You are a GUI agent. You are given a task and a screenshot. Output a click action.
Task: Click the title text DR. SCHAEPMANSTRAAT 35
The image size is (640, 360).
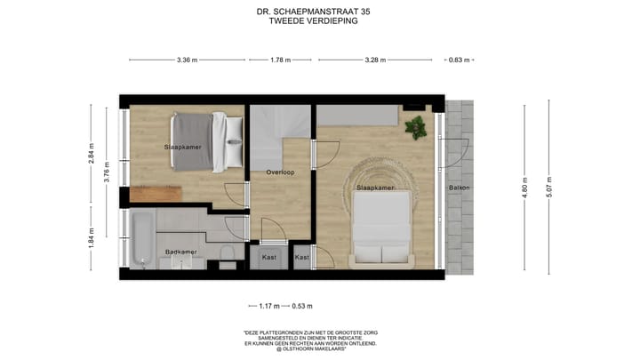point(319,12)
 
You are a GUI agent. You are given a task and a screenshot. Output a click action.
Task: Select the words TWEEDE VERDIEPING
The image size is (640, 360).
point(319,21)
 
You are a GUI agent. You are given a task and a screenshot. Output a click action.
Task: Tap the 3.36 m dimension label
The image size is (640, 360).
point(187,60)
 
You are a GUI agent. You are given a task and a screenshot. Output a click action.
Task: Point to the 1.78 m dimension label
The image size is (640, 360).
point(281,60)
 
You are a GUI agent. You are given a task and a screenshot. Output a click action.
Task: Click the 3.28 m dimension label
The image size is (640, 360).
point(375,60)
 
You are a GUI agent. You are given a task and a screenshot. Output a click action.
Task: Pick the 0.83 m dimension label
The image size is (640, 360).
point(459,60)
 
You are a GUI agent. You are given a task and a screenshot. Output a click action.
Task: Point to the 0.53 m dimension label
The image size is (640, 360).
point(303,308)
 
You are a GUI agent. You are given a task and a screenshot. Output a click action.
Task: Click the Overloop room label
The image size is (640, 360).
point(280,172)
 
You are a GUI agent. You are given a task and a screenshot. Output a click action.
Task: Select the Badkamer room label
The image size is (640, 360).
point(181,252)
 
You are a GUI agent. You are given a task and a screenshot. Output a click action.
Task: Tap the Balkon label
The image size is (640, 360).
point(459,188)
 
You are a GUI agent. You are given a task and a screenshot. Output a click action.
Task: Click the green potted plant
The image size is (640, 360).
point(415,128)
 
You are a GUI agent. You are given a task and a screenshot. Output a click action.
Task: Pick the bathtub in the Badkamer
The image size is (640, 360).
point(140,237)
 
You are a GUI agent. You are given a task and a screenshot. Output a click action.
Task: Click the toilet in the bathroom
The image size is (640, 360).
point(228,257)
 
